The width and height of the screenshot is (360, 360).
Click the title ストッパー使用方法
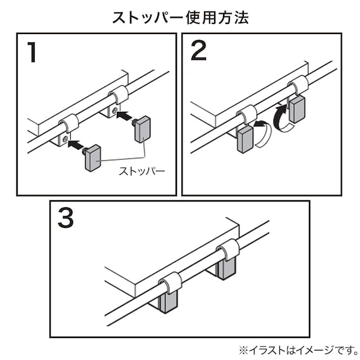coord(180,17)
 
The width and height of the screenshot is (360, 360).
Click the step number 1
coord(32,52)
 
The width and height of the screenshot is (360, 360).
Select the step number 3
coord(65,218)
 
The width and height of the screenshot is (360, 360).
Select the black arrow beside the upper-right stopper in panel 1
coord(126,116)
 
